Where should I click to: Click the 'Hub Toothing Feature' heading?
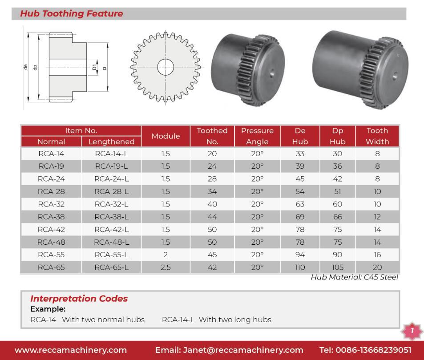(x=72, y=14)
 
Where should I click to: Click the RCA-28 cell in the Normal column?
(x=51, y=191)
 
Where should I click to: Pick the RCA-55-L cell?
(x=111, y=255)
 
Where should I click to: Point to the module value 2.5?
(x=166, y=267)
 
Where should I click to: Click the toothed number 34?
(x=212, y=191)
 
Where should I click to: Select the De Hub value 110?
(x=300, y=267)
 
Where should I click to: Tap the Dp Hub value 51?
(x=337, y=191)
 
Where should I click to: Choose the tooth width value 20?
(x=377, y=267)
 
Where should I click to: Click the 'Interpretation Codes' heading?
(x=79, y=299)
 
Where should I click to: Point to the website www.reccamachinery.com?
(x=71, y=350)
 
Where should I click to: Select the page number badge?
(x=412, y=331)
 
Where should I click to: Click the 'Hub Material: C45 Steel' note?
(x=355, y=277)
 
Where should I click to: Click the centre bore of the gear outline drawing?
(x=165, y=67)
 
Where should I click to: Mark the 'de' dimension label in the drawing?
(x=26, y=67)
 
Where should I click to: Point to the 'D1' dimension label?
(x=94, y=68)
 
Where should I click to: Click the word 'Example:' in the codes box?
(x=42, y=309)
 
